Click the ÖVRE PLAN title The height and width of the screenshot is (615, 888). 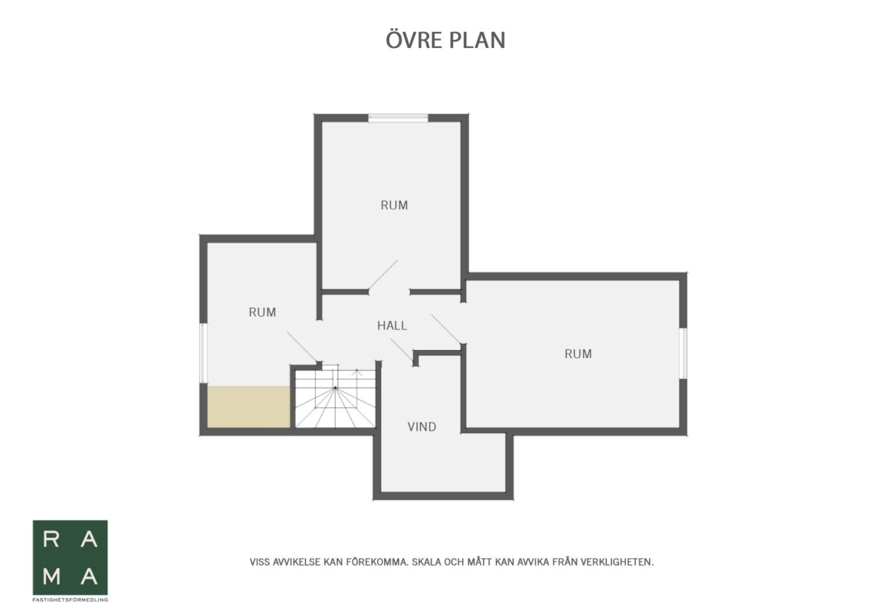pos(445,40)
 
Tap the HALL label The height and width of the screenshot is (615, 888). pos(392,326)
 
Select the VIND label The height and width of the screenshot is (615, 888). pos(422,427)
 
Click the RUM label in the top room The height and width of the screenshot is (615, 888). pos(394,205)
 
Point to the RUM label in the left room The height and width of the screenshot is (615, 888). pos(262,312)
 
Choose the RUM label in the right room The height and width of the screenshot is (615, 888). pos(578,354)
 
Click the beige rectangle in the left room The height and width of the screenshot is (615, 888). pos(249,407)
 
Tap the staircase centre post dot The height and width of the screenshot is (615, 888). pos(335,387)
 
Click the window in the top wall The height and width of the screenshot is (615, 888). pos(398,118)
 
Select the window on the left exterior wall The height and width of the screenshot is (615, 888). pos(203,353)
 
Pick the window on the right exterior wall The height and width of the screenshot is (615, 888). pos(683,353)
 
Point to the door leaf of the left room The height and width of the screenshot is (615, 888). pos(302,346)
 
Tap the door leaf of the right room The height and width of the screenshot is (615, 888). pos(446,329)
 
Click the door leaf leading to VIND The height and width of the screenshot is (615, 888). pos(402,349)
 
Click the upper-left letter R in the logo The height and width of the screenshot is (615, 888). pos(51,539)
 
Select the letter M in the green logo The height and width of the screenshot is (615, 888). pos(52,576)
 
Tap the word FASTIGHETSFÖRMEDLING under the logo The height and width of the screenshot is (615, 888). pos(70,599)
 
